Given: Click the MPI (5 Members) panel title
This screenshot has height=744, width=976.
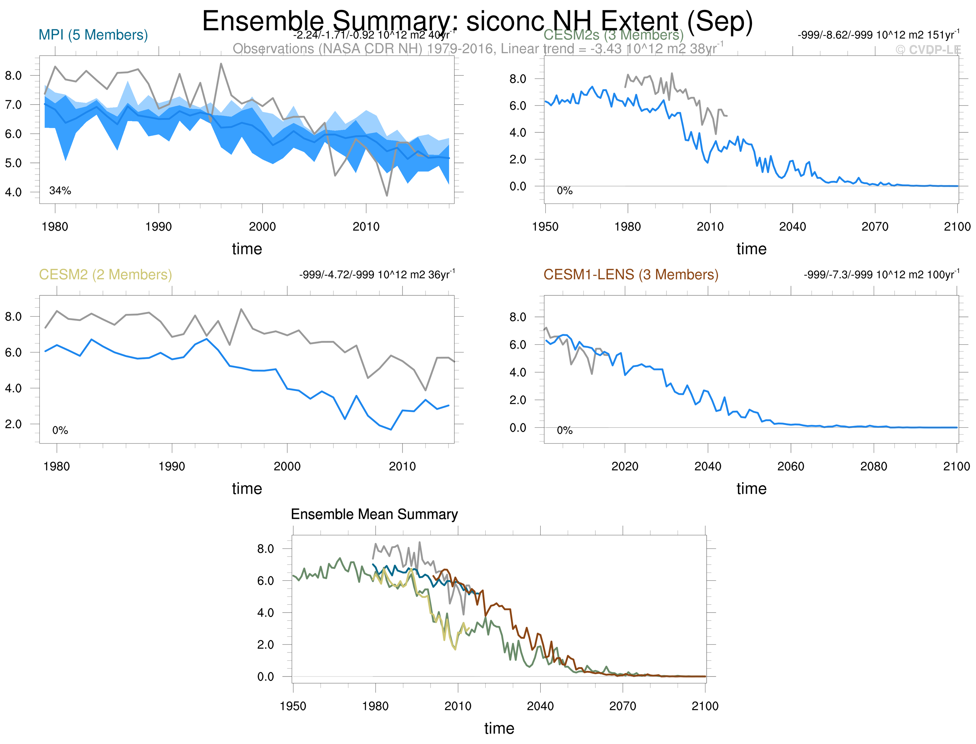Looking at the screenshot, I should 93,35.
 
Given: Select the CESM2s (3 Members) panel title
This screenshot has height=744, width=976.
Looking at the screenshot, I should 613,35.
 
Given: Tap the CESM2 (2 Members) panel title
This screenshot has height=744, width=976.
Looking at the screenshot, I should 106,275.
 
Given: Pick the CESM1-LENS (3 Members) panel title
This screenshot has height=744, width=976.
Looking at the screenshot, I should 631,275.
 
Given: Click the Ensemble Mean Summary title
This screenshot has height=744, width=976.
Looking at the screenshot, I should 374,514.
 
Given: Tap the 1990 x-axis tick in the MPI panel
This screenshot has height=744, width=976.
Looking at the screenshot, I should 158,227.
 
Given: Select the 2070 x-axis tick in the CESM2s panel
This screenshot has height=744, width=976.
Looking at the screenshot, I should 875,227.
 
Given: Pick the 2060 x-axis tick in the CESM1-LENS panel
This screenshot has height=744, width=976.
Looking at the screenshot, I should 791,466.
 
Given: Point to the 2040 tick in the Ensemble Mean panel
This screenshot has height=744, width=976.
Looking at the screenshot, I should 540,706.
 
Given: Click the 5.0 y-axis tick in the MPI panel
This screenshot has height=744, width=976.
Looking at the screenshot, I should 13,163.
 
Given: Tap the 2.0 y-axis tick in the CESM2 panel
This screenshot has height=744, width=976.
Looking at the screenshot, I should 13,424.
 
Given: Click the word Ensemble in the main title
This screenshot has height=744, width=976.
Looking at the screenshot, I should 263,21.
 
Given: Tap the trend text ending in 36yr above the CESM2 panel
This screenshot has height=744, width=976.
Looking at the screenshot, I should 376,275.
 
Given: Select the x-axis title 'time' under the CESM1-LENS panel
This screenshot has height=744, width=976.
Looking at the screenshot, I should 751,488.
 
